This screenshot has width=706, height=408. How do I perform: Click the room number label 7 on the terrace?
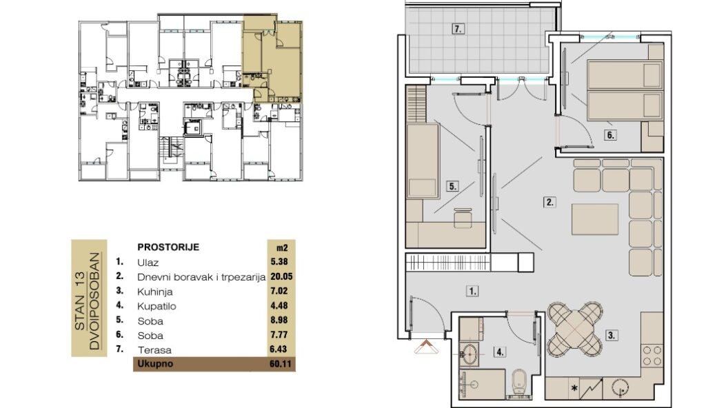tap(458, 29)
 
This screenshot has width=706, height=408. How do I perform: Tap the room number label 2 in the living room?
tap(549, 202)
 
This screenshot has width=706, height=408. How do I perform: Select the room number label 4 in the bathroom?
tap(500, 351)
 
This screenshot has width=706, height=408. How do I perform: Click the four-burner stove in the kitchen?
tap(652, 356)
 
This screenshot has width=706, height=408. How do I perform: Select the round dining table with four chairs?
tap(575, 329)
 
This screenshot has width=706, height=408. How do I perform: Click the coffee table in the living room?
tap(595, 219)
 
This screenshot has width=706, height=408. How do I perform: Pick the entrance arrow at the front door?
tap(426, 347)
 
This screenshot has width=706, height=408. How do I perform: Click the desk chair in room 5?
tap(463, 218)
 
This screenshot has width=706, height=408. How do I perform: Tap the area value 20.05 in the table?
tap(281, 276)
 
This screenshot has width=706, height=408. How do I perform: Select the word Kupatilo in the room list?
tap(157, 307)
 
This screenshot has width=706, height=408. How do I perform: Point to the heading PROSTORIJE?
tap(168, 247)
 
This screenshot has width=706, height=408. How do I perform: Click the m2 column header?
tap(282, 247)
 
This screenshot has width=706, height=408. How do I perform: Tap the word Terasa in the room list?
tap(154, 350)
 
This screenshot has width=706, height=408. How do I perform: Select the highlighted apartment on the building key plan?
tap(272, 59)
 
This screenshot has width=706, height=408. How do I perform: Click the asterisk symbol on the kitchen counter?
tap(574, 388)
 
